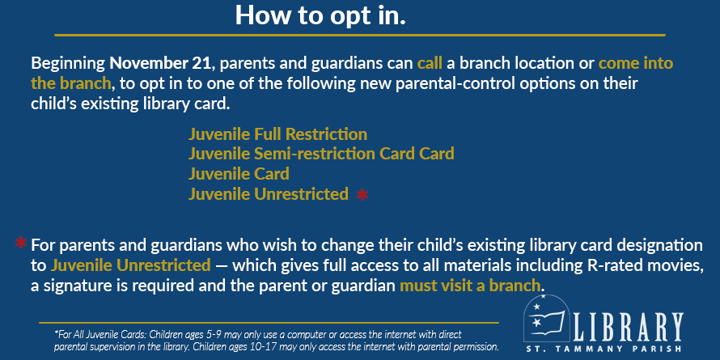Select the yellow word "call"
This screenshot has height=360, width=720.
(x=430, y=63)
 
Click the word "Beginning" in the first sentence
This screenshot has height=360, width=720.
(x=68, y=63)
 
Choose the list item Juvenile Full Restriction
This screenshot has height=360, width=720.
(x=277, y=134)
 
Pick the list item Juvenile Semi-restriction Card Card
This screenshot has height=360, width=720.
(x=321, y=154)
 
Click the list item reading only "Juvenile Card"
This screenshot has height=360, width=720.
(x=239, y=174)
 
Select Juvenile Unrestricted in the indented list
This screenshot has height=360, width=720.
(x=268, y=194)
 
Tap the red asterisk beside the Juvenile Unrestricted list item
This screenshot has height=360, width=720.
(x=362, y=195)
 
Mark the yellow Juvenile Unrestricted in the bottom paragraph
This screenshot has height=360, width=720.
(x=130, y=265)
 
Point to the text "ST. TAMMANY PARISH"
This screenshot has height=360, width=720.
(x=619, y=349)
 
